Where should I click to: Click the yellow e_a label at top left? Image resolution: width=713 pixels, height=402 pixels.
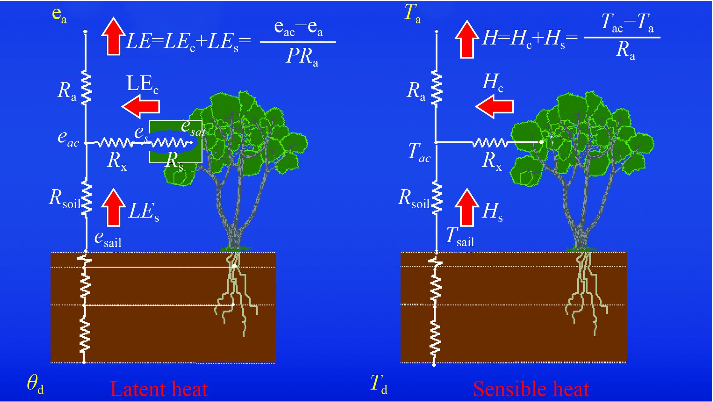[59, 15]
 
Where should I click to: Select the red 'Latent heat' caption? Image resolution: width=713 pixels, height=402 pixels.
[159, 389]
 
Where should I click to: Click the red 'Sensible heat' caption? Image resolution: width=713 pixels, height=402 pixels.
[531, 389]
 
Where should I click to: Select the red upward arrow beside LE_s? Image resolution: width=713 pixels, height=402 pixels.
[113, 208]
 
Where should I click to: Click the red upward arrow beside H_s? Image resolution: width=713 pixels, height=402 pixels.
[467, 208]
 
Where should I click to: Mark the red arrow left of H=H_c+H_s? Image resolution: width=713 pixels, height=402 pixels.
[467, 39]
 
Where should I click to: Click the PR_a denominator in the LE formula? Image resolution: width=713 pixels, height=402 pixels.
[302, 57]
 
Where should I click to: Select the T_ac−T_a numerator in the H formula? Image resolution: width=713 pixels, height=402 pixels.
[627, 23]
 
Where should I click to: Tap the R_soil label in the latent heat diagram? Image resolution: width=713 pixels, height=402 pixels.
[65, 198]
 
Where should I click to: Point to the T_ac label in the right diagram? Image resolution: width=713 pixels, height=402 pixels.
[419, 152]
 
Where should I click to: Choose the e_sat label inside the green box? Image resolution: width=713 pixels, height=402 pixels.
[193, 127]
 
